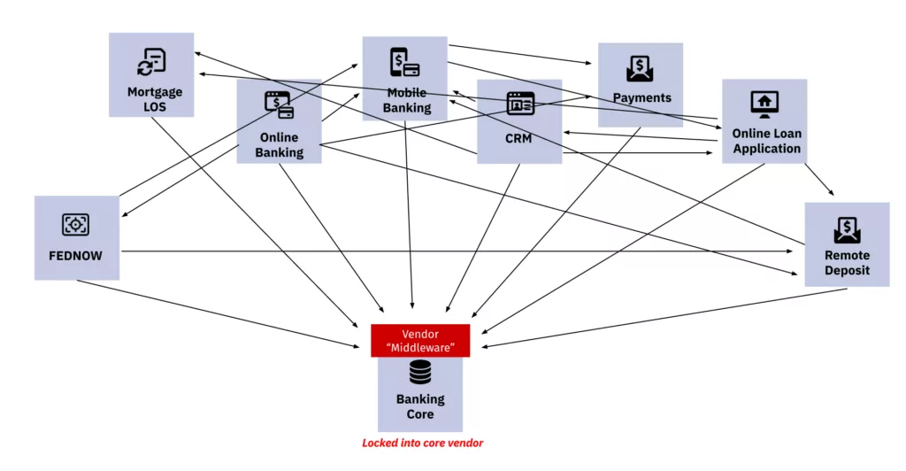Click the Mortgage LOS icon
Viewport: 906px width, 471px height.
click(151, 62)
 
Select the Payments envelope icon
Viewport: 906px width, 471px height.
click(640, 68)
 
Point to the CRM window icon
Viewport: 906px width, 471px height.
click(520, 104)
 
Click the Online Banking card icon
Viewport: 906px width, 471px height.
click(279, 105)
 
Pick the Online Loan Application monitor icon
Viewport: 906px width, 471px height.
click(764, 104)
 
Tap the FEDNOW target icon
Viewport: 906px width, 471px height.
click(76, 225)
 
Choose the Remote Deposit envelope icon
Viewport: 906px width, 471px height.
click(847, 230)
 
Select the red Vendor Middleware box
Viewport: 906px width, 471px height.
click(420, 341)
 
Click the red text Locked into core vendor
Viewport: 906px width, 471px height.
click(423, 443)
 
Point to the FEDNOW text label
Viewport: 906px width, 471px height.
click(76, 256)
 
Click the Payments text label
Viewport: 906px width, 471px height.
click(642, 98)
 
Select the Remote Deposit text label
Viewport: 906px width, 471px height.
click(847, 263)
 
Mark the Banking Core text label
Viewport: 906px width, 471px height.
click(420, 406)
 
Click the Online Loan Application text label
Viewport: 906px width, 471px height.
click(766, 142)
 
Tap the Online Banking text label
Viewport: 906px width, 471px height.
click(279, 145)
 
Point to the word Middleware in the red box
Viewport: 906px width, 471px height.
click(421, 348)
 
